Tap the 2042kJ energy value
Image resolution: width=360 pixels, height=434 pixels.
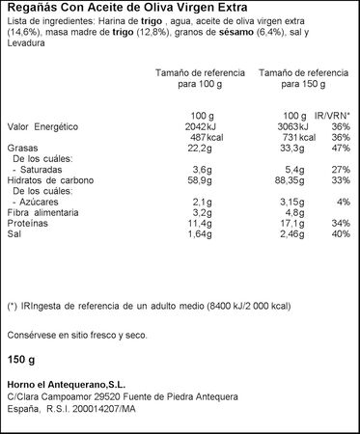[x=194, y=127]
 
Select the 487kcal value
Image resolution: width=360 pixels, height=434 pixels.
[x=197, y=138]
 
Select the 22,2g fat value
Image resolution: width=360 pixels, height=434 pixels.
[x=198, y=149]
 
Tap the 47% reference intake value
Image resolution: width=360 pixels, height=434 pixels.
[x=340, y=149]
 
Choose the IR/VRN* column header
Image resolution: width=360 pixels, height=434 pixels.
[x=334, y=115]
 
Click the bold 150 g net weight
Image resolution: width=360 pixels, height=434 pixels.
[x=21, y=361]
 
